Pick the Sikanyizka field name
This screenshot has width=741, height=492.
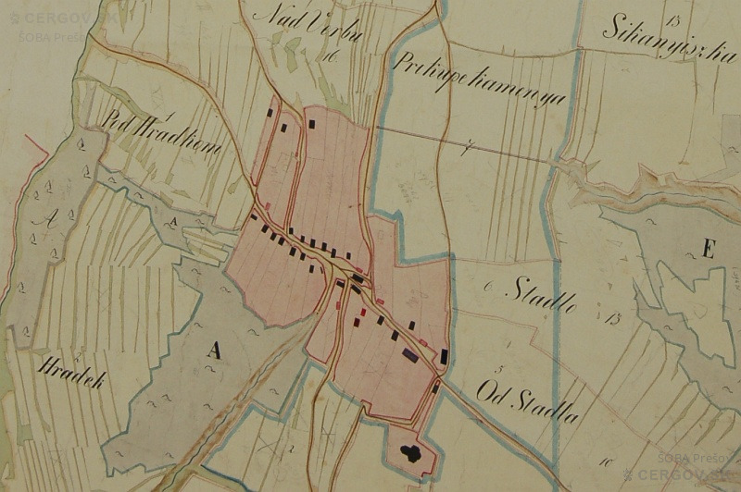coord(661,43)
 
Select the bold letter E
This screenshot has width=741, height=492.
coord(709,248)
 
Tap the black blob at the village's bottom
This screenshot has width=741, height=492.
coord(408,453)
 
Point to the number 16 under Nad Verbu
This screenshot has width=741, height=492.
coord(329,56)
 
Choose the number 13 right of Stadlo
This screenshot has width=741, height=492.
coord(614,319)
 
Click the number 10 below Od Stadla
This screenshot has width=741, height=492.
coord(608,460)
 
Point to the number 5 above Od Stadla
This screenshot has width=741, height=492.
coord(499,369)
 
